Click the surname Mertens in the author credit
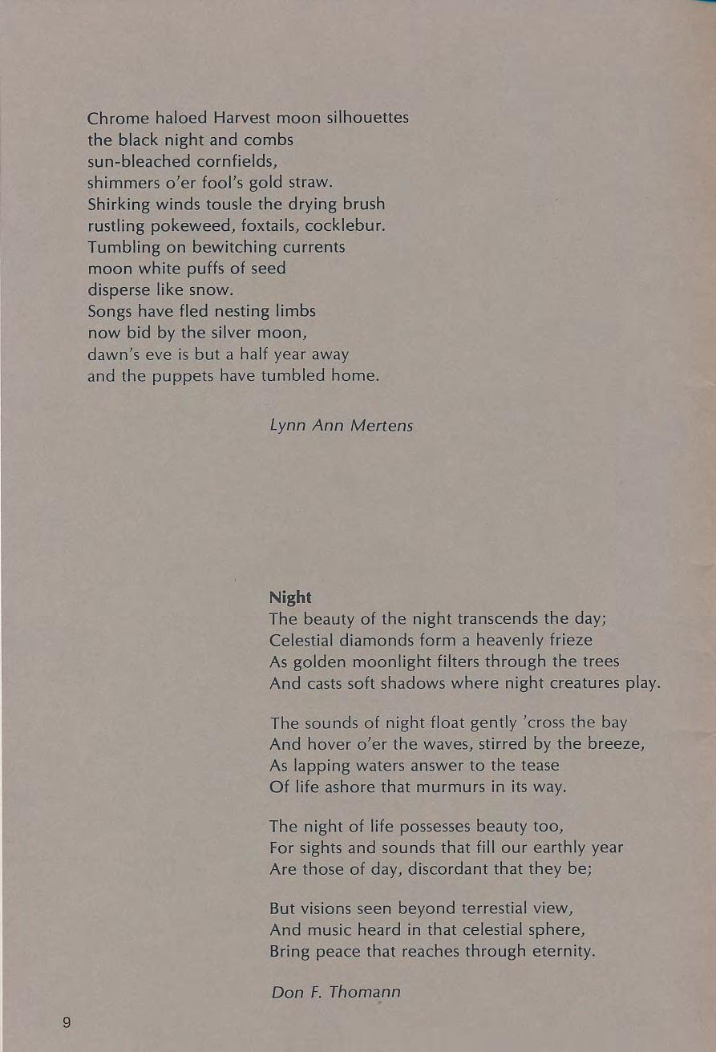pyautogui.click(x=382, y=426)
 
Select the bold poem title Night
pyautogui.click(x=290, y=597)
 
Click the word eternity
pyautogui.click(x=561, y=952)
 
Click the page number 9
pyautogui.click(x=66, y=1022)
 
